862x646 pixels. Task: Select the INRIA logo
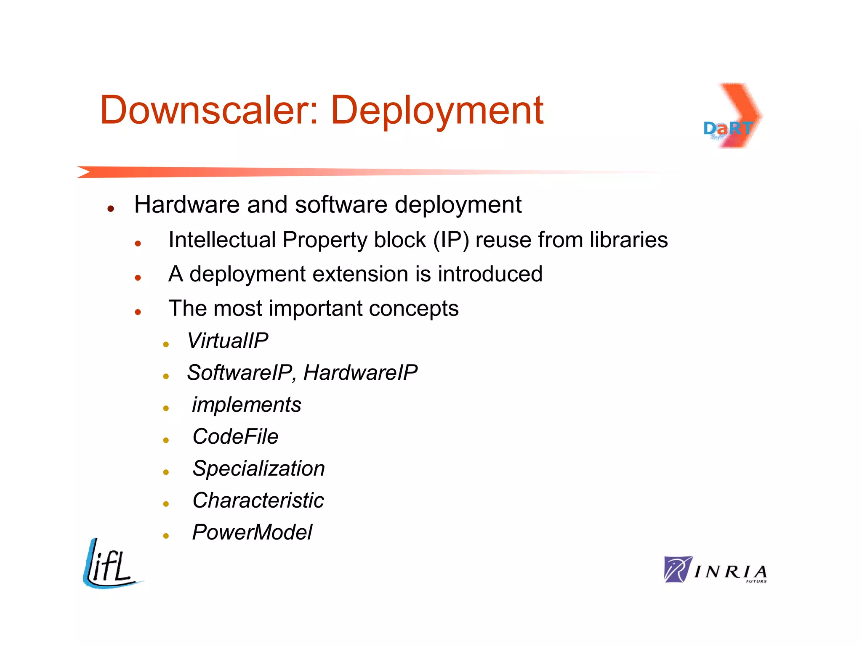coord(715,570)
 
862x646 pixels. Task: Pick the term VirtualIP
coord(227,341)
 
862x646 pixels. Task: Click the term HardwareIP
coord(360,373)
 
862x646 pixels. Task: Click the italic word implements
coord(247,405)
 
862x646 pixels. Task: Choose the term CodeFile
coord(235,437)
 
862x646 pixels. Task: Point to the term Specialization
coord(258,469)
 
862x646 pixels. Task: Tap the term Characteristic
coord(258,500)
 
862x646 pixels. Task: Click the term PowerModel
coord(252,532)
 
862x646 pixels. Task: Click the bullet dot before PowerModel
coord(166,536)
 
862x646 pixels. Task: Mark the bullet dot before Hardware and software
coord(111,209)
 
